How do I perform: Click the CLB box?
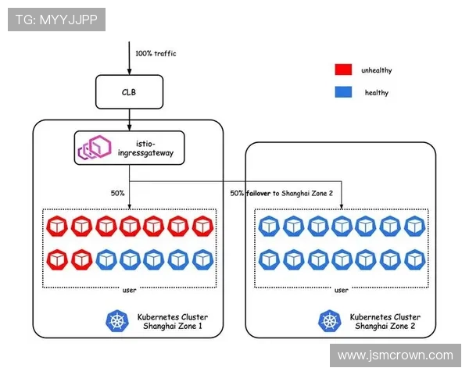129,91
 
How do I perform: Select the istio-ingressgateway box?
130,146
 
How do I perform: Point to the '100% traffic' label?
156,54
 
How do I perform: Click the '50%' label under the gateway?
118,192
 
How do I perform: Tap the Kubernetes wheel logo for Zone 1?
118,320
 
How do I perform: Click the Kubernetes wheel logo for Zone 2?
329,320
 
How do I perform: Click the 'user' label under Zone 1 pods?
131,290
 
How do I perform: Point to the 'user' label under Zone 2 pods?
342,290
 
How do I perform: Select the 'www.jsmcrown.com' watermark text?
395,355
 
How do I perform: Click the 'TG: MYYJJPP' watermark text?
56,20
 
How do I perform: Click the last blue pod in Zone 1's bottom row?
203,259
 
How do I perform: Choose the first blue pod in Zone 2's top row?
269,227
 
